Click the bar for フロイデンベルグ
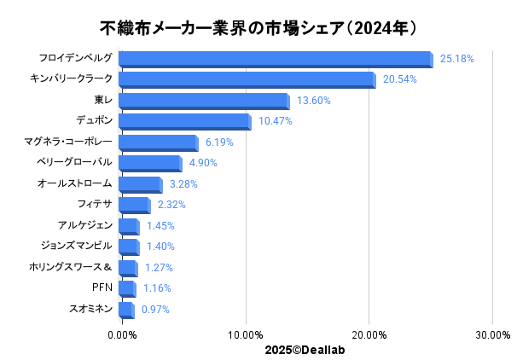(275, 59)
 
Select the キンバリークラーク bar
(246, 79)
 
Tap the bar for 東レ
(203, 101)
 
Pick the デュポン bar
(184, 121)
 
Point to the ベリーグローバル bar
(149, 163)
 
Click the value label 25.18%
(456, 59)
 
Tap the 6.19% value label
(219, 142)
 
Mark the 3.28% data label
(183, 183)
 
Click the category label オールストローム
(75, 183)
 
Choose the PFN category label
(102, 287)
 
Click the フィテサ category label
(95, 204)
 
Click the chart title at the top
(258, 28)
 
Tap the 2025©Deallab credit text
(305, 349)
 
